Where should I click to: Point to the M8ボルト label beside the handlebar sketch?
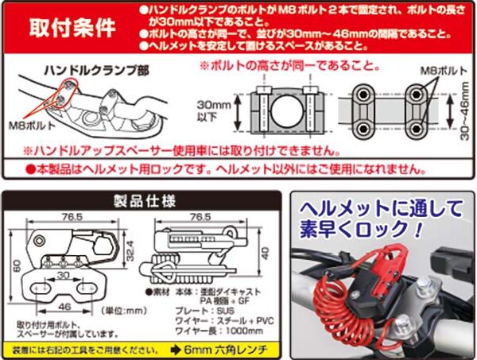click(x=29, y=126)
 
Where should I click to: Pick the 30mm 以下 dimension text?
click(x=211, y=110)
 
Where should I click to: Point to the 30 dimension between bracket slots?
click(x=64, y=276)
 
